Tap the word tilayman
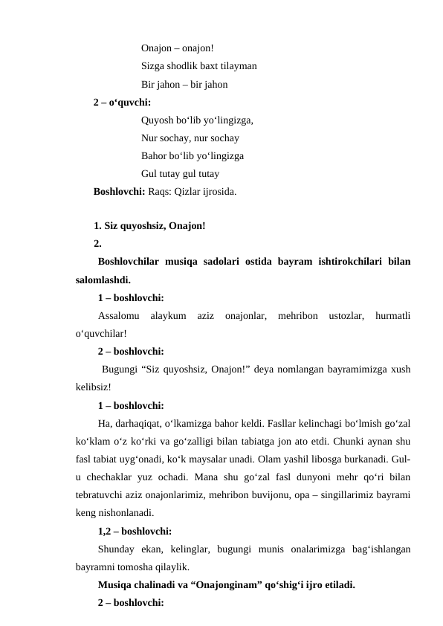pyautogui.click(x=238, y=66)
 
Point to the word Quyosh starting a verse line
pyautogui.click(x=157, y=120)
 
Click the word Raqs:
pyautogui.click(x=161, y=191)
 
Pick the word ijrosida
pyautogui.click(x=219, y=191)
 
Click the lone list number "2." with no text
pyautogui.click(x=97, y=243)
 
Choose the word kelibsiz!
pyautogui.click(x=94, y=387)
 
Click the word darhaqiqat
pyautogui.click(x=142, y=424)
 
